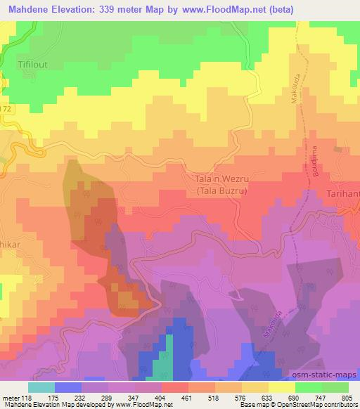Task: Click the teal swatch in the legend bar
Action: (41, 387)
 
